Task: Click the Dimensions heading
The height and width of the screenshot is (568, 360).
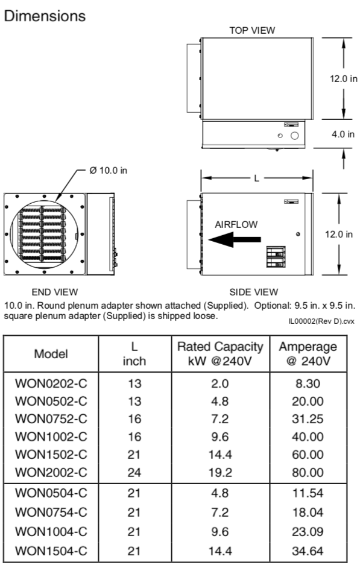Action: [x=45, y=16]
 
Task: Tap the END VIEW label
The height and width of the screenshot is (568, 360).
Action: [x=54, y=292]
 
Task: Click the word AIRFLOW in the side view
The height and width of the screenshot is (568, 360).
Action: [x=236, y=224]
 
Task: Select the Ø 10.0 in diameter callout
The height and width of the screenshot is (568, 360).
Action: [x=109, y=171]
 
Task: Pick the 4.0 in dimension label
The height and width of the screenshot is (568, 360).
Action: [x=343, y=134]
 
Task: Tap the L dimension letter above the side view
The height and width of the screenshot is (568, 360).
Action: [x=256, y=178]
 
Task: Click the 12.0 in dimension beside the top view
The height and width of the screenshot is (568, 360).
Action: [x=343, y=80]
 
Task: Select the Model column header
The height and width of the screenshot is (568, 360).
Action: [x=51, y=354]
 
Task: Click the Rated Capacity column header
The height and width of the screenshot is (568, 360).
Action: [x=220, y=354]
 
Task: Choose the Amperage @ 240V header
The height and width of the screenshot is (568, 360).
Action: [x=308, y=354]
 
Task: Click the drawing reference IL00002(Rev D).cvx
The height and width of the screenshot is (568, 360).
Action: [x=322, y=321]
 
